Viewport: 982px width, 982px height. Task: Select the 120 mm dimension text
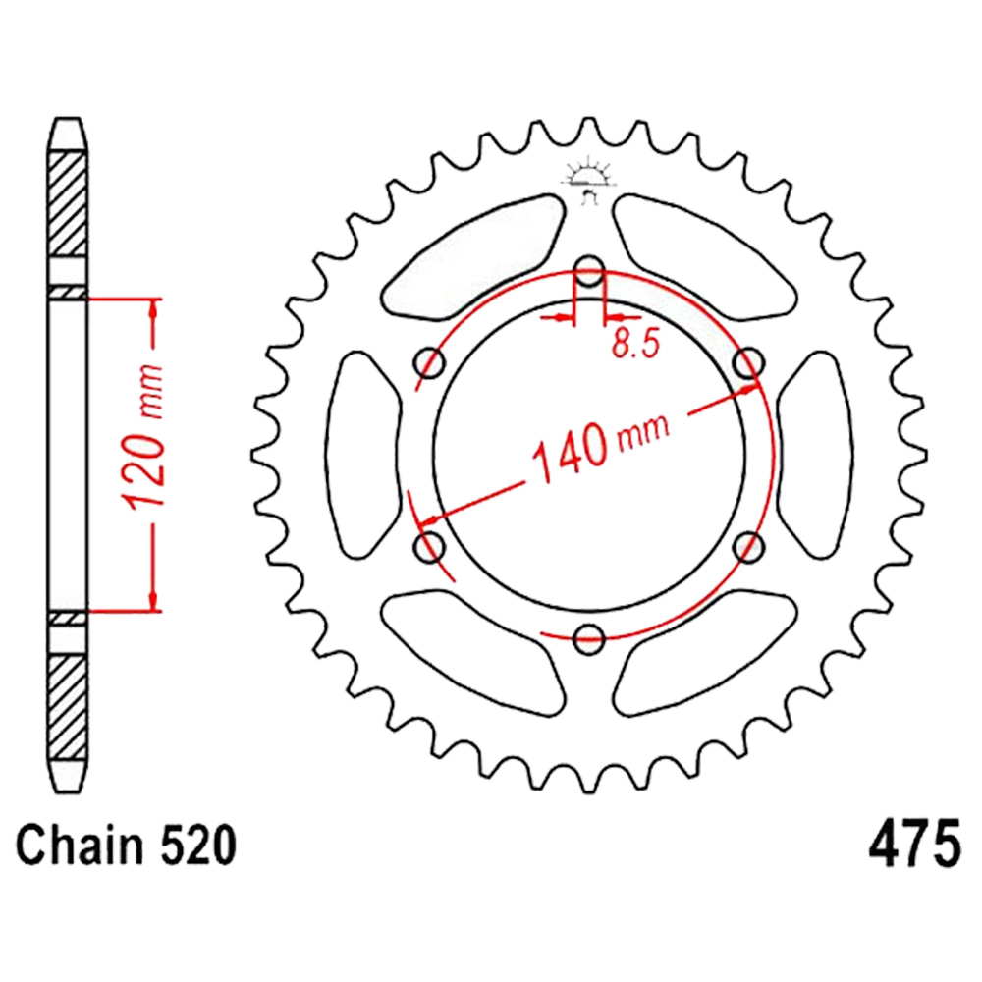coord(144,436)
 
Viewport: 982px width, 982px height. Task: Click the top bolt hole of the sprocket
coord(588,272)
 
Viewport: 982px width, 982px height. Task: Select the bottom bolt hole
coord(588,639)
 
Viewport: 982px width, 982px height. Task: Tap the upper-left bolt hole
coord(430,363)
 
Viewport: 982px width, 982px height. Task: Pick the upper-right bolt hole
coord(748,363)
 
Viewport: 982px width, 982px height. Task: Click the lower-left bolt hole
coord(430,547)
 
